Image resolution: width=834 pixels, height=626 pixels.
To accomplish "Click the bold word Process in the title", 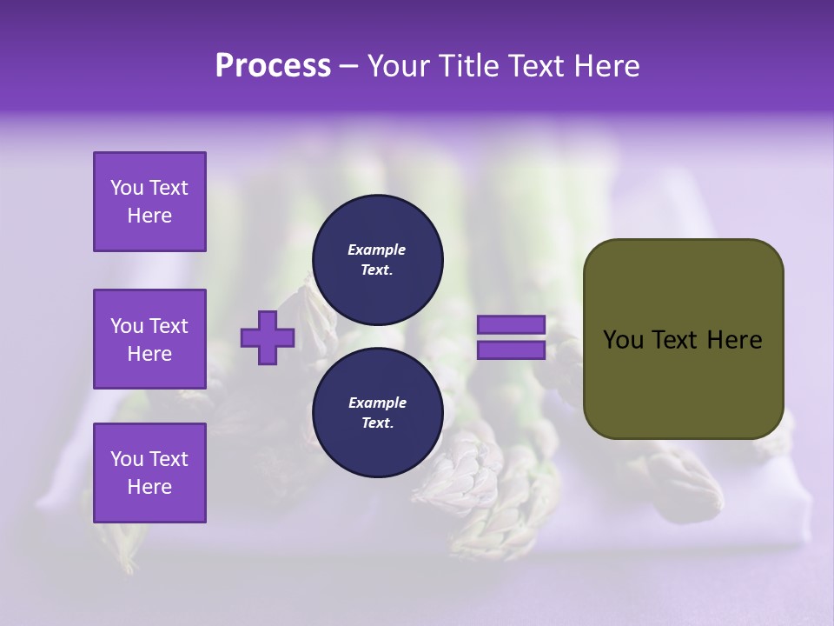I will click(273, 66).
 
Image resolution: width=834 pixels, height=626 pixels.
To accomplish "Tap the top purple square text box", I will click(149, 202).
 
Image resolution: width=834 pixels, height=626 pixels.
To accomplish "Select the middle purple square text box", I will click(149, 339).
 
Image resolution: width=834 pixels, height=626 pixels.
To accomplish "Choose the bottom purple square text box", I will click(149, 472).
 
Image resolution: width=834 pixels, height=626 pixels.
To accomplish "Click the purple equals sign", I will click(511, 337).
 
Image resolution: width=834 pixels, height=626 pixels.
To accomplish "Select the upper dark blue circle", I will click(377, 259).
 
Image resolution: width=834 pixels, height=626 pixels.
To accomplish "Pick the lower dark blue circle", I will click(377, 412).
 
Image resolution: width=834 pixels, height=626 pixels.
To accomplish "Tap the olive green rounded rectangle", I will click(683, 339).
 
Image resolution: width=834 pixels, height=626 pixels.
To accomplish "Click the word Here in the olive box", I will click(734, 340).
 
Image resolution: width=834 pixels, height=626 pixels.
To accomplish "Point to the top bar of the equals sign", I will click(511, 325).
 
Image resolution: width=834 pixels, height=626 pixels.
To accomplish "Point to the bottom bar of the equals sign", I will click(511, 350).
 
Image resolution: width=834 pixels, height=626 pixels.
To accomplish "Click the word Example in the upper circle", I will click(377, 250).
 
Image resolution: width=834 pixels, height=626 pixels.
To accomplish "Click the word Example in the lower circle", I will click(377, 403).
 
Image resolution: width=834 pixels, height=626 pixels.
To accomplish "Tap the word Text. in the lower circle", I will click(377, 423).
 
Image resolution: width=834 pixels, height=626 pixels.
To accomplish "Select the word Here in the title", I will click(608, 66).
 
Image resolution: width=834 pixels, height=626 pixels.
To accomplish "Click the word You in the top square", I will click(127, 188).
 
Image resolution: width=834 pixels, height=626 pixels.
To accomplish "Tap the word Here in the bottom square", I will click(149, 487).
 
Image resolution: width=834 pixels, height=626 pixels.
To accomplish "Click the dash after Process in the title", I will click(349, 66).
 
